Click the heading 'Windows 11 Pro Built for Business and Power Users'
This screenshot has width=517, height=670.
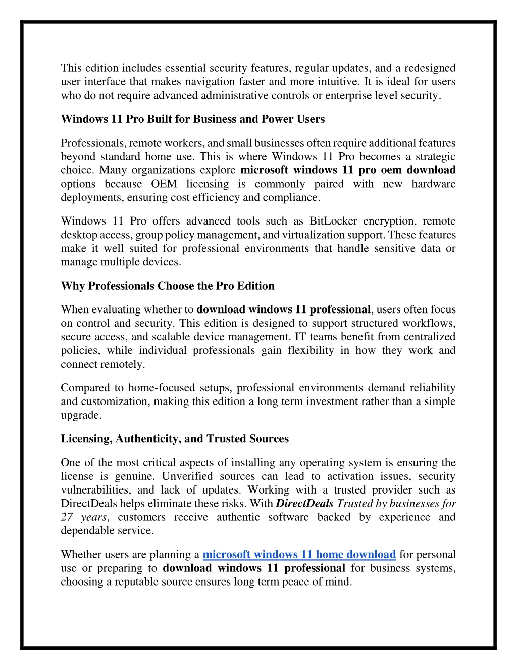pyautogui.click(x=192, y=119)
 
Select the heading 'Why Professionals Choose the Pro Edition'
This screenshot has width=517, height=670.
pyautogui.click(x=168, y=286)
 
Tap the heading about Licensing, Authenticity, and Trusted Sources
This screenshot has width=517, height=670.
pyautogui.click(x=175, y=439)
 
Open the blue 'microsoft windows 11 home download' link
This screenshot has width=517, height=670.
pyautogui.click(x=299, y=555)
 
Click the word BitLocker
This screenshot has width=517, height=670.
pyautogui.click(x=333, y=221)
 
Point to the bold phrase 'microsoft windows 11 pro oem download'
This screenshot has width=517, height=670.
pyautogui.click(x=348, y=170)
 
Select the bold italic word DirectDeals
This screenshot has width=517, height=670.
pyautogui.click(x=305, y=504)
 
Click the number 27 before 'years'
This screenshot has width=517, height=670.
pyautogui.click(x=67, y=517)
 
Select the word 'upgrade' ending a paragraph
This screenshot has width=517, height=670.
pyautogui.click(x=80, y=415)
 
